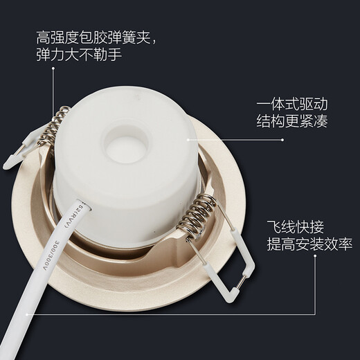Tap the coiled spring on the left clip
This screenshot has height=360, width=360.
56,126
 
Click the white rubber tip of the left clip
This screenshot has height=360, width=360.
14,160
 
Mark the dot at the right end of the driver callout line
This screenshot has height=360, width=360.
282,139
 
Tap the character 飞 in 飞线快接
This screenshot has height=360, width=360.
275,226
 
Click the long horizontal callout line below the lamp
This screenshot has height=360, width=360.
173,312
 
